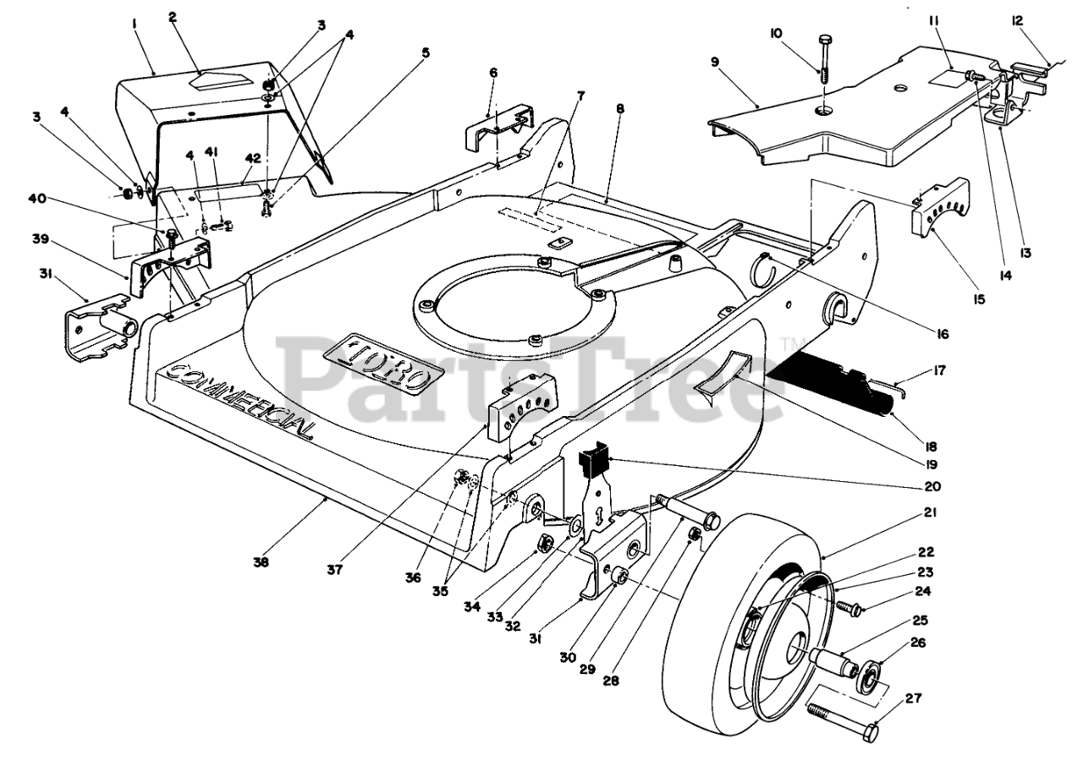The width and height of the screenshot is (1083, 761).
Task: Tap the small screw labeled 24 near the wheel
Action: click(x=848, y=606)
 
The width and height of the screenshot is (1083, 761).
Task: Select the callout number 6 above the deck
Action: click(x=493, y=74)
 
